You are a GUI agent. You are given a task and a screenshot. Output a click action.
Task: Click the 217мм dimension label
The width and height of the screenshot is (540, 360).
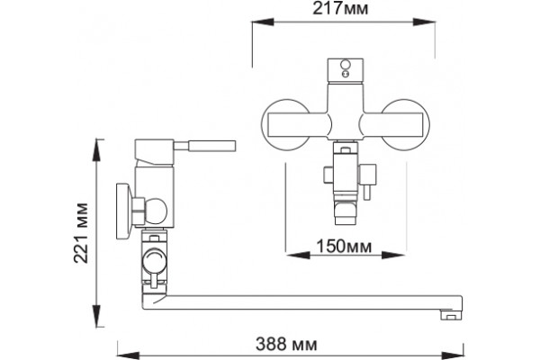point(340,8)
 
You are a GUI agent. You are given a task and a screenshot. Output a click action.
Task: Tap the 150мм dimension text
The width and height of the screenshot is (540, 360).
point(344,247)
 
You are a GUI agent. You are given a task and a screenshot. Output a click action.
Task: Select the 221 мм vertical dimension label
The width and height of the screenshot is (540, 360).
point(81,233)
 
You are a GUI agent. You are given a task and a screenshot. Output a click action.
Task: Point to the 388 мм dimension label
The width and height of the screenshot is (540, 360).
point(286,344)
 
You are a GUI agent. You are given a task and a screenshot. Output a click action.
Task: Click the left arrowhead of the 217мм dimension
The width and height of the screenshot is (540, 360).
point(263,22)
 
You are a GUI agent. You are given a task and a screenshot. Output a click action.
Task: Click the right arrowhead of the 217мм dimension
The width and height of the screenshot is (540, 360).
point(424,22)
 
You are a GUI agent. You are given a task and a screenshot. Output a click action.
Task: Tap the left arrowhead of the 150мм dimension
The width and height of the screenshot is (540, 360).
point(298,256)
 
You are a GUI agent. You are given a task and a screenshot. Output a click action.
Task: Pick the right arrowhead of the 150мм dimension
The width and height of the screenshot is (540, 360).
point(393,256)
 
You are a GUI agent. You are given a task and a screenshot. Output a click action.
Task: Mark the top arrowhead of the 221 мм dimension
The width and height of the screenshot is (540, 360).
point(98,150)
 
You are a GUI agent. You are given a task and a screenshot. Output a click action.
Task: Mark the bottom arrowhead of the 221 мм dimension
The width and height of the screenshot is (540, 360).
point(98,315)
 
